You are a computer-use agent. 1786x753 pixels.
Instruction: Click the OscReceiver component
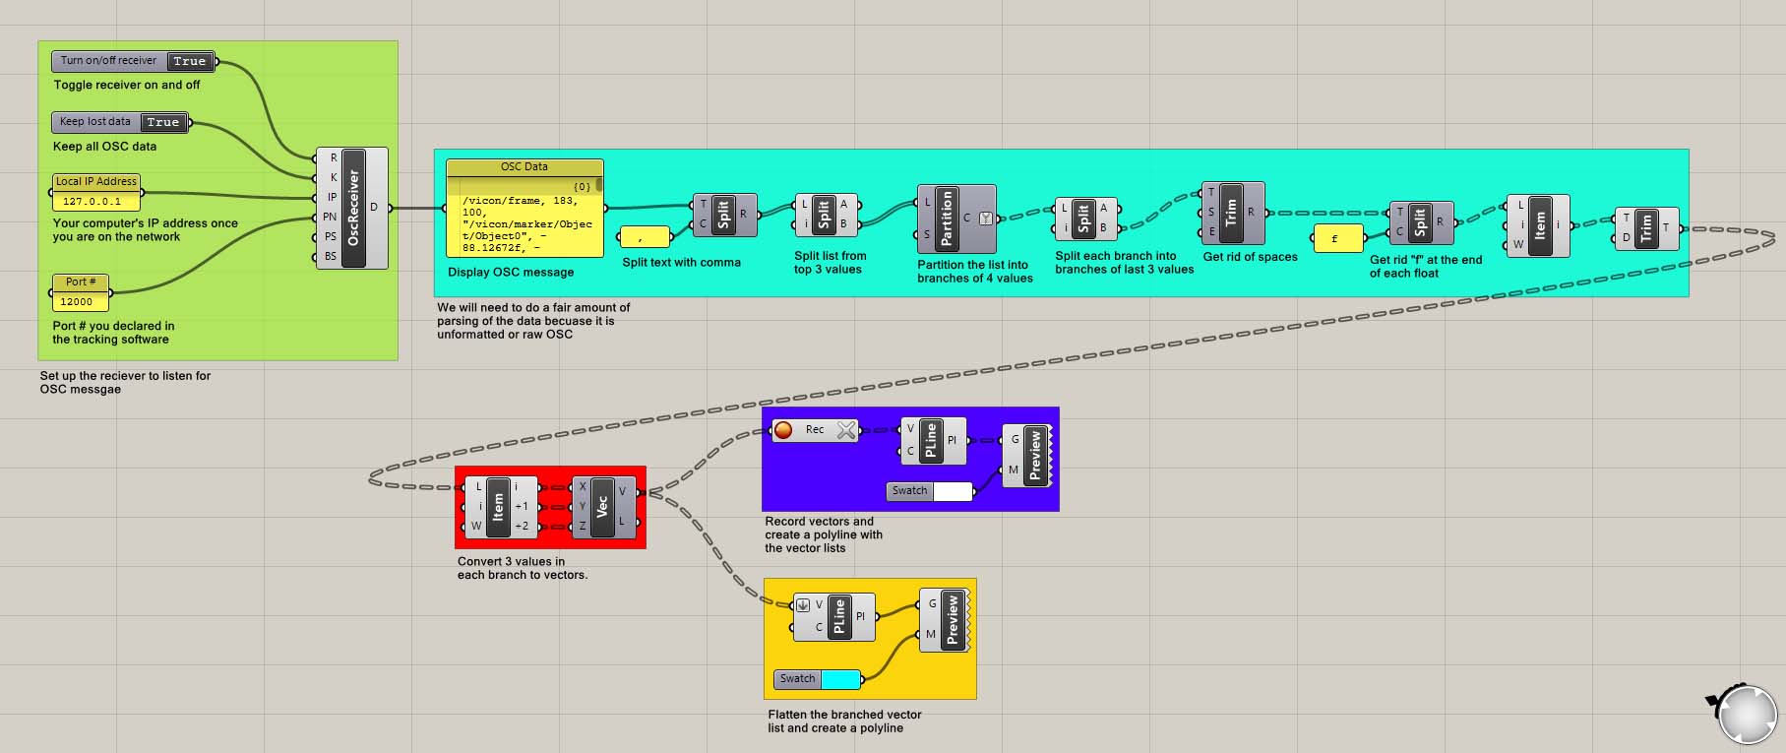(x=353, y=208)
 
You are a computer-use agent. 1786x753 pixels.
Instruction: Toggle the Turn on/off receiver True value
(x=189, y=61)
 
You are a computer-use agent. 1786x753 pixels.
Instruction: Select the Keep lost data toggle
(x=96, y=122)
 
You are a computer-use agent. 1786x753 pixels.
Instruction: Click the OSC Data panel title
(x=523, y=166)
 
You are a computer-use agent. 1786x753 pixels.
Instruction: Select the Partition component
(x=947, y=218)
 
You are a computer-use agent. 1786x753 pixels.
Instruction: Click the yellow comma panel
(x=644, y=236)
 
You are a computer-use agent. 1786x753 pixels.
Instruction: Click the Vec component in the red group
(x=602, y=506)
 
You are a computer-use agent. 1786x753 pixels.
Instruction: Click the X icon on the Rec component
(x=845, y=429)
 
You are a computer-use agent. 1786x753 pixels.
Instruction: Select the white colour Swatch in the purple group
(x=952, y=490)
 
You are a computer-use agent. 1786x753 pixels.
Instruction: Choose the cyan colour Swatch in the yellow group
(x=839, y=678)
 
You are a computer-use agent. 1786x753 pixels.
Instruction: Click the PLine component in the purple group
(x=930, y=439)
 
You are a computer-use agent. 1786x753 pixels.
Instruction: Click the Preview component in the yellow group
(x=952, y=619)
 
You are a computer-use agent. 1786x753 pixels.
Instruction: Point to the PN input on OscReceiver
(x=330, y=217)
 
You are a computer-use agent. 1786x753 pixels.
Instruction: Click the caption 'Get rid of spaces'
(x=1250, y=257)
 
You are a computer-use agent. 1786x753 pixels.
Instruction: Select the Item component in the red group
(x=498, y=506)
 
